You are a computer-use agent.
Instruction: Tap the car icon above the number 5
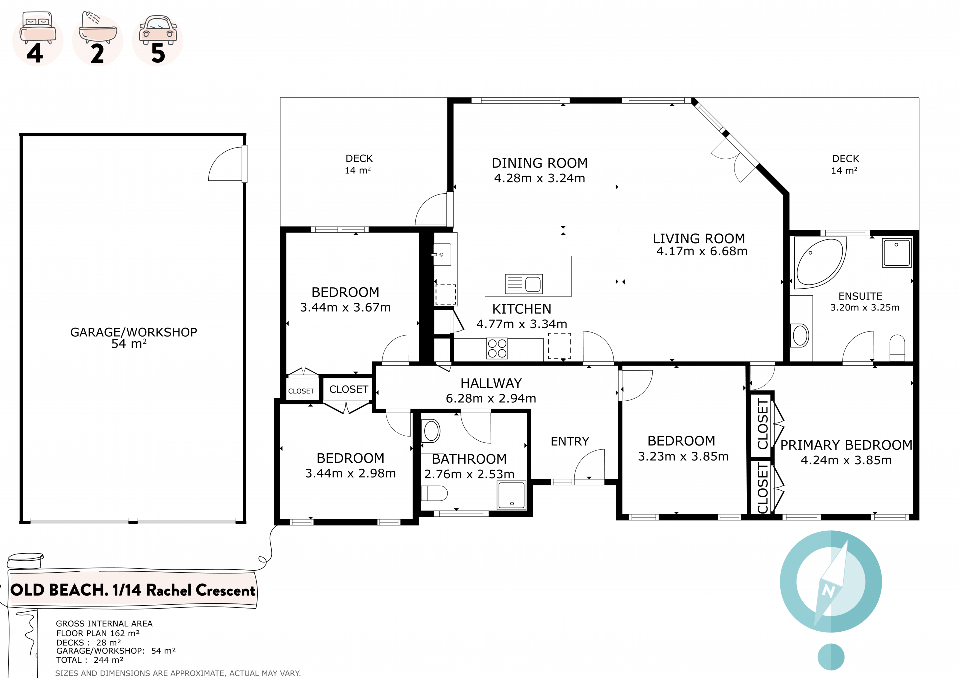(158, 29)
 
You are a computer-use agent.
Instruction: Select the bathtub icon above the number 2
(98, 27)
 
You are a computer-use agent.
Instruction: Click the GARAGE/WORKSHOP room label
(134, 332)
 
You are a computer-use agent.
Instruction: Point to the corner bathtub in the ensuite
(819, 262)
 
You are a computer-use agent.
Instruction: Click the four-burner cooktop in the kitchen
(497, 348)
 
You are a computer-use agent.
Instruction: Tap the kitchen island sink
(524, 284)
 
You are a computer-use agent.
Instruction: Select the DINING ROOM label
(540, 163)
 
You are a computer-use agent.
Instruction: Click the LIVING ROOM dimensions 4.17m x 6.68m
(702, 251)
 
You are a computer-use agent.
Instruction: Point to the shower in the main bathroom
(512, 495)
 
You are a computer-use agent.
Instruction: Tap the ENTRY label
(570, 441)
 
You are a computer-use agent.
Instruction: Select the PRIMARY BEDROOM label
(846, 445)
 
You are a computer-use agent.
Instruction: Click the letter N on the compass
(828, 591)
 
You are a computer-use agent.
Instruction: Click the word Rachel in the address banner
(168, 590)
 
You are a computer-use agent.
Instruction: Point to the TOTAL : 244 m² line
(90, 660)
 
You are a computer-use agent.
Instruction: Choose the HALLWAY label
(491, 383)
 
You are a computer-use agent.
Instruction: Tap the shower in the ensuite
(897, 253)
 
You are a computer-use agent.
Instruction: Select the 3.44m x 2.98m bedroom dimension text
(350, 473)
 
